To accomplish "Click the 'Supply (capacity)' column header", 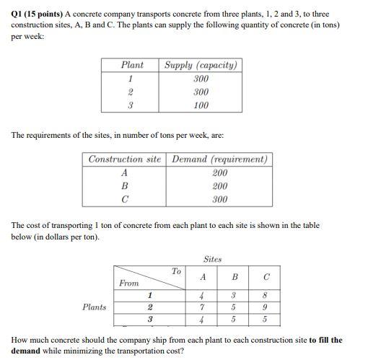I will pos(201,65).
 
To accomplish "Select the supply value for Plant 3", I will pos(201,105).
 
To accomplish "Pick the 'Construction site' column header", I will pos(125,159).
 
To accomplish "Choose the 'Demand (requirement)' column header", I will pos(219,159).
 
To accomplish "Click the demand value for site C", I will pos(219,199).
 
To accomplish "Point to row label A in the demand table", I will pos(125,173).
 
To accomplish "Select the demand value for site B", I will pos(219,186).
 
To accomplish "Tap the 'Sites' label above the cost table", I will pos(212,258).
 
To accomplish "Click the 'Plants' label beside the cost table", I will pos(94,307).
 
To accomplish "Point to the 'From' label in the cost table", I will pos(129,284).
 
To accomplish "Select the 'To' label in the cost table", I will pos(176,271).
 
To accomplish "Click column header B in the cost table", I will pos(235,277).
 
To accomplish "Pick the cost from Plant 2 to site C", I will pos(266,307).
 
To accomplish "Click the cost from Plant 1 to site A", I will pos(203,294).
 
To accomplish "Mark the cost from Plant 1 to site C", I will pos(266,294).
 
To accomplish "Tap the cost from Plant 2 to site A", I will pos(203,307).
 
